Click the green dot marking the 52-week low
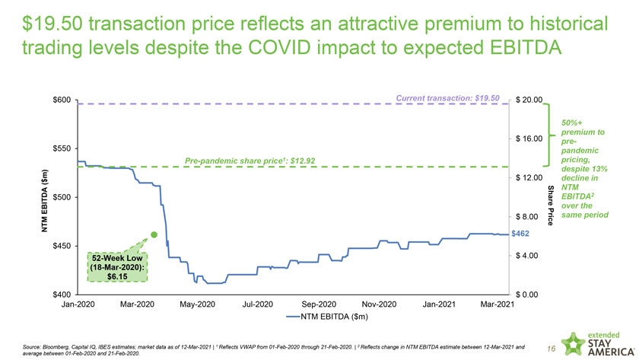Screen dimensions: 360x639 tap(154, 235)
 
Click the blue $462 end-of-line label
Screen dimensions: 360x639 tap(521, 234)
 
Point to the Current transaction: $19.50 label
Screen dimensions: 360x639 tap(448, 97)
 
